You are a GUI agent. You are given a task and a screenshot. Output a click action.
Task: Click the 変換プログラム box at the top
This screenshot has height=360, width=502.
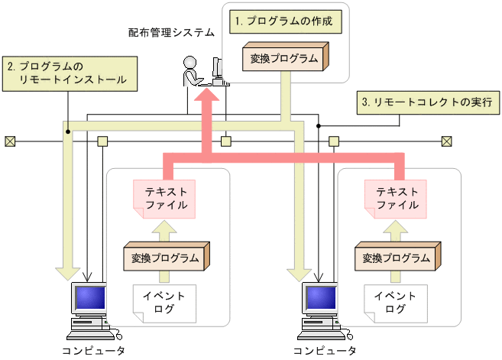coord(283,58)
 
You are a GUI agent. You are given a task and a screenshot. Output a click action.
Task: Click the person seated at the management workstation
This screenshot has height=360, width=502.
coord(191,73)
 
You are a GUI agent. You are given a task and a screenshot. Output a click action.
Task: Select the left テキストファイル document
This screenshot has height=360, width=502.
coord(162,197)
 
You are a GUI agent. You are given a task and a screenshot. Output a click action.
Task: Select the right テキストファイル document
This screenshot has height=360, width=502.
coord(396,197)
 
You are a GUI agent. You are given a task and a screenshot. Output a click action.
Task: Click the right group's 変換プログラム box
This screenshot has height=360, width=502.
coord(397,258)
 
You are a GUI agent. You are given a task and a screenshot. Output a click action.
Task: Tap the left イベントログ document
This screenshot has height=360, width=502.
coord(163,302)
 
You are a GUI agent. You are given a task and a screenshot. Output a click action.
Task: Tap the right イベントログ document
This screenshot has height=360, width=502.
coord(395,302)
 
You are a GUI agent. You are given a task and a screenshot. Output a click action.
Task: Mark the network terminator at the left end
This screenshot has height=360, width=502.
coord(10,141)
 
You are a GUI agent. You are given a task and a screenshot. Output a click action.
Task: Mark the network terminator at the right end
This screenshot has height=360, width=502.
coord(447,141)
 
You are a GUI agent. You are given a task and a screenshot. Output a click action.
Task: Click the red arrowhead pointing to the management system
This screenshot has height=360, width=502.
coord(207,99)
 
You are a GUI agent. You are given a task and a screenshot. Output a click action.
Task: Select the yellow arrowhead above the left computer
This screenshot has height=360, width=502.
coord(68,271)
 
